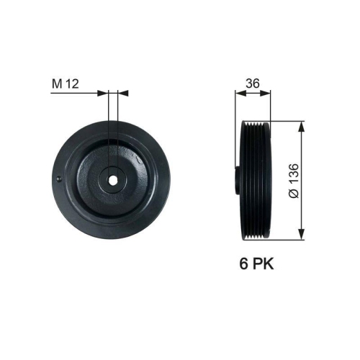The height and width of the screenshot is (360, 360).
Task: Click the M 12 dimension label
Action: pyautogui.click(x=65, y=84)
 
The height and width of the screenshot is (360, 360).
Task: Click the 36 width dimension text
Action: pyautogui.click(x=253, y=84)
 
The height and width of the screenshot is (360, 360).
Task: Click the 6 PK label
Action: pyautogui.click(x=257, y=264)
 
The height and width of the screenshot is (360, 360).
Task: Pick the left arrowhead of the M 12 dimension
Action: pyautogui.click(x=102, y=92)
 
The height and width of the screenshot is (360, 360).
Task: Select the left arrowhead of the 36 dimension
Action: pyautogui.click(x=240, y=92)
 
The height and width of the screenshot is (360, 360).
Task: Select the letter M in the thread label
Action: pyautogui.click(x=55, y=84)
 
